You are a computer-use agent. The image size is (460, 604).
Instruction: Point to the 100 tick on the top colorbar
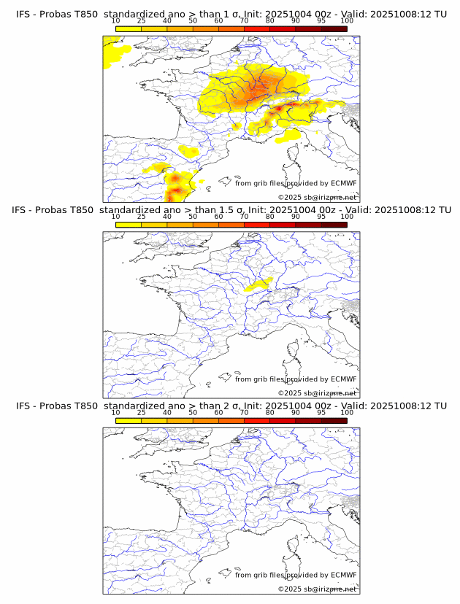(347, 20)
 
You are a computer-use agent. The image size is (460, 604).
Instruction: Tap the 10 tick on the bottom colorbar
(116, 412)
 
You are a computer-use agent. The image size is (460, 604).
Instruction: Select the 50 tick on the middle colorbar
(193, 217)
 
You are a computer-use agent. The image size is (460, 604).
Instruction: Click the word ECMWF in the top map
(344, 183)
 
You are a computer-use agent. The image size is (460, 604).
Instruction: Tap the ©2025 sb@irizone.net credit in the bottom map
(317, 589)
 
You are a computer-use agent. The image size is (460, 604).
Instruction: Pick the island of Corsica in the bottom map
(294, 547)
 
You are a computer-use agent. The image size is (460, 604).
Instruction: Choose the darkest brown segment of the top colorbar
(334, 28)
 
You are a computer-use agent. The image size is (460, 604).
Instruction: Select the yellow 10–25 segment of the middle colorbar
(129, 225)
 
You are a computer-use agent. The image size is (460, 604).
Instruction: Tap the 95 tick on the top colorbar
(321, 20)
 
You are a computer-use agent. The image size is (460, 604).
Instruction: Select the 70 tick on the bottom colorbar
(244, 412)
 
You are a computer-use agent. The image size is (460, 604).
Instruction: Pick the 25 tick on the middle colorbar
(142, 217)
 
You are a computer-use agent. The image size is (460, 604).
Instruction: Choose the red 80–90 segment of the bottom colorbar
(283, 420)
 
